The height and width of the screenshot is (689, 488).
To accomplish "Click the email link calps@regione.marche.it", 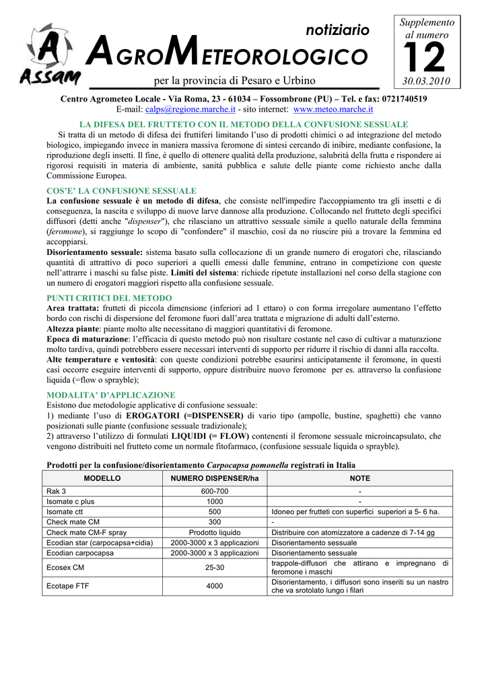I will coord(190,109).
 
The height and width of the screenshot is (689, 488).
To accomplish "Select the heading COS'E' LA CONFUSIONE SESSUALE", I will coord(121,191).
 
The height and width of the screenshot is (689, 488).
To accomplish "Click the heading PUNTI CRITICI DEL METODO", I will coord(109,297).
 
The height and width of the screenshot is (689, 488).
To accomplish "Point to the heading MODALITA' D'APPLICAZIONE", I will coord(110,395).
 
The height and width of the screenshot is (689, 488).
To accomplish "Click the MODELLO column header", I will coord(102,478).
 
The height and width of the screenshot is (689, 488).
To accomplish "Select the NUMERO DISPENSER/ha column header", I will coord(215,478).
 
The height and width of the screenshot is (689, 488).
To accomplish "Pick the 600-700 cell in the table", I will coord(215,491).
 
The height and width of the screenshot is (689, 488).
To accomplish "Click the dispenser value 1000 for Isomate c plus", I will coord(215,501).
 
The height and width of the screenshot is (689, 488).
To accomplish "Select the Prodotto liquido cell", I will coord(215,532).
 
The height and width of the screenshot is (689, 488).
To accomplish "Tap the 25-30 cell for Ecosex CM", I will coord(215,567).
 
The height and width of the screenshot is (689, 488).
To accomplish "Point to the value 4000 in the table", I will coord(215,586).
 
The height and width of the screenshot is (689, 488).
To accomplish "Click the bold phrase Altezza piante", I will coord(73,329).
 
